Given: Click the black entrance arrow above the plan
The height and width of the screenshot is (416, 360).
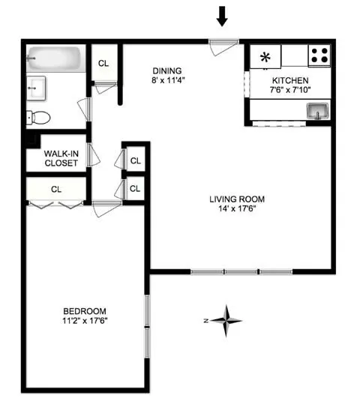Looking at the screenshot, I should point(222,15).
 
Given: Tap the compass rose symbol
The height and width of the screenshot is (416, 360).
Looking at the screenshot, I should point(226,320).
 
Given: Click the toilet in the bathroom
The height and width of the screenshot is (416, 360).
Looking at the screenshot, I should point(38,117).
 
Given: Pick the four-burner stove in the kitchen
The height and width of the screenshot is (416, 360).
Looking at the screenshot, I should point(319,55).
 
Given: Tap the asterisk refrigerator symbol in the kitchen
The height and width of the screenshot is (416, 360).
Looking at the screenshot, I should point(265,55).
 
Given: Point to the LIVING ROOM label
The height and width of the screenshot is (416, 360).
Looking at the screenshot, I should point(237,199).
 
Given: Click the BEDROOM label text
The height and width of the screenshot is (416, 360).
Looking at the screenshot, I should point(84,311).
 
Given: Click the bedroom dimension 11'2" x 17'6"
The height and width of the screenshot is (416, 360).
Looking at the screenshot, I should point(84,322).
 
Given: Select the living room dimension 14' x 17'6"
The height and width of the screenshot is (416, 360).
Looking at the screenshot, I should point(237,209).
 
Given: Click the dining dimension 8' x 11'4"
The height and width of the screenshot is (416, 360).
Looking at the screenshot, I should point(167,79).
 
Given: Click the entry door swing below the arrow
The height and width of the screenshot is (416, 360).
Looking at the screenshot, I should point(218,47).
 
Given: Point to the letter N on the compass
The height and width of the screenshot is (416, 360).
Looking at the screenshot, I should point(205,320).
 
